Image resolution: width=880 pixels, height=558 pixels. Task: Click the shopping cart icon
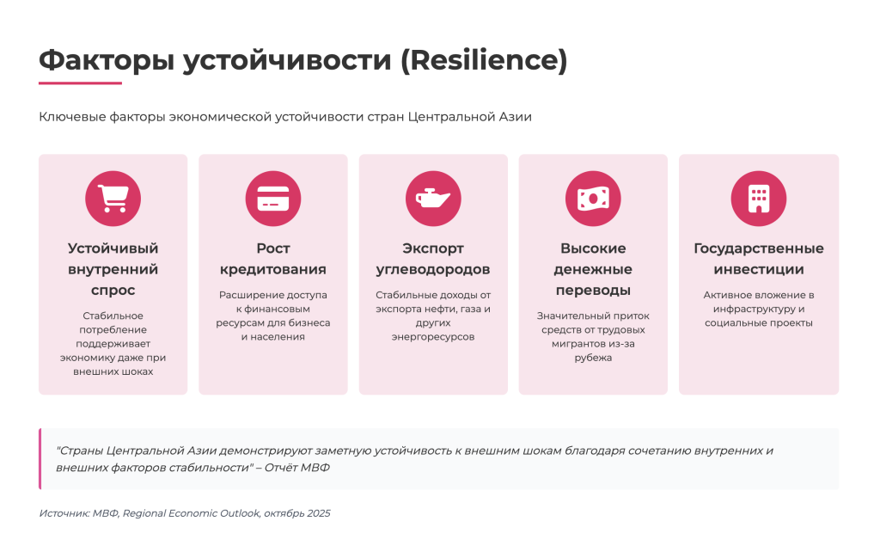(x=113, y=198)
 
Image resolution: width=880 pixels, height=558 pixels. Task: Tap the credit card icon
(x=273, y=199)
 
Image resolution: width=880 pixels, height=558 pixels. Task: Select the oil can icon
(x=433, y=199)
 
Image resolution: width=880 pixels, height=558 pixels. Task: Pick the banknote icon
(x=593, y=199)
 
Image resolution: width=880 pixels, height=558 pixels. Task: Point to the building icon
(x=759, y=199)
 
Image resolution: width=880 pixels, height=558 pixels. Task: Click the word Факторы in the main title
(x=107, y=61)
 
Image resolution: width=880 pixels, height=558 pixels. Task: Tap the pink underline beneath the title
(x=80, y=83)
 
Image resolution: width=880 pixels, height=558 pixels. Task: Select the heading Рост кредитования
(x=273, y=259)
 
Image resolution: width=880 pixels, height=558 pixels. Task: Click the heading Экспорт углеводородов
(x=433, y=259)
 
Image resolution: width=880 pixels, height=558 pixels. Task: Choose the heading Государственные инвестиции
(x=759, y=259)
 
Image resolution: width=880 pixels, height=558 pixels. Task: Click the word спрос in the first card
(x=113, y=291)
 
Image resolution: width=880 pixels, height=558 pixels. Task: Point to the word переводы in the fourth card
(x=593, y=291)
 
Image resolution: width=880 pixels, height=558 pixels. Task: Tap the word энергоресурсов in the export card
(x=433, y=337)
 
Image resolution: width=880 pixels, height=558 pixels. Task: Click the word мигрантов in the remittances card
(x=577, y=344)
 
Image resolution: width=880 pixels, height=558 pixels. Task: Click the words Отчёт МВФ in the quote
(x=296, y=468)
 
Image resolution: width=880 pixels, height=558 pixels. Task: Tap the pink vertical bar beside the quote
(x=40, y=458)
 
